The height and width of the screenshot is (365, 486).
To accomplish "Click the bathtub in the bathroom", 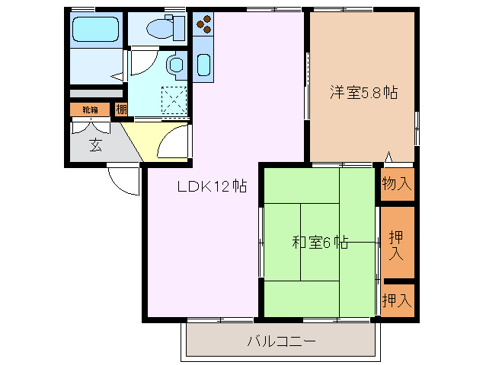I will (x=95, y=31).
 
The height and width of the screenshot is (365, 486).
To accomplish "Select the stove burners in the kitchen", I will (x=203, y=24).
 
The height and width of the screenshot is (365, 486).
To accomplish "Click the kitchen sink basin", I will (x=203, y=64).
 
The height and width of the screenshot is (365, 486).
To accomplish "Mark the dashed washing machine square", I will (x=174, y=99).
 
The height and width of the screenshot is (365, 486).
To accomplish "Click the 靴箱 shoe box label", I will (x=91, y=109).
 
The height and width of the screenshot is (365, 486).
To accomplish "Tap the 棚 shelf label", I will (x=121, y=109).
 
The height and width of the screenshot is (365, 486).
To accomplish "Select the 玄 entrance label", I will (x=95, y=144).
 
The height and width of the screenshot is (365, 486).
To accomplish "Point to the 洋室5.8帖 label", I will (x=363, y=93).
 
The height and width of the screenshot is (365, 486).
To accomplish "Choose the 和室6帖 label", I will (x=320, y=243).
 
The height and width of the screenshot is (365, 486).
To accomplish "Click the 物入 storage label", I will (x=397, y=183).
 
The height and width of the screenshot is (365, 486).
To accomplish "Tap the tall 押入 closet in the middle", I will (x=397, y=243).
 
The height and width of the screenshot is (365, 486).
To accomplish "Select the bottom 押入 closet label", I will (x=397, y=300).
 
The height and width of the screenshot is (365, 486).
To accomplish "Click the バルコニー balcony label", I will (x=280, y=340).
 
